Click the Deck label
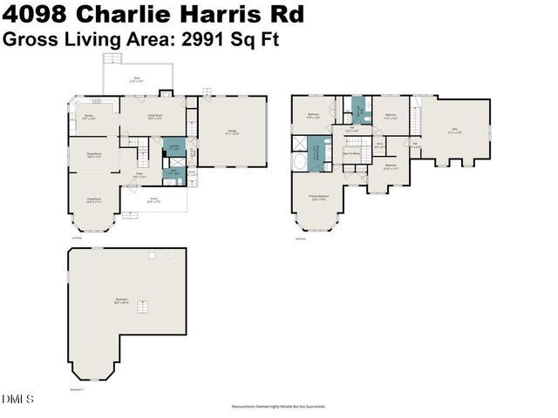[x=137, y=78]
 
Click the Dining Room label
[x=93, y=157]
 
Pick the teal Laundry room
[x=174, y=149]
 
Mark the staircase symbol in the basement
[x=146, y=307]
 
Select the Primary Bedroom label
[x=319, y=198]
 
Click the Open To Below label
[x=352, y=153]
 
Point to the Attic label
[x=455, y=131]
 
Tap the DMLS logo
[x=18, y=400]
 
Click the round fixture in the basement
[x=152, y=254]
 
